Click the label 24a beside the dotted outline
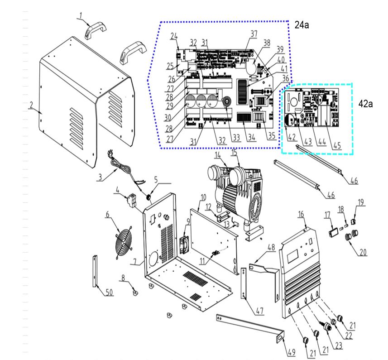[302, 25]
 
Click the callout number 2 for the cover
[31, 105]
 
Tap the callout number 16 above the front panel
[300, 213]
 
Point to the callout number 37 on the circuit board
[254, 34]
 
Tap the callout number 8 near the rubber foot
[122, 278]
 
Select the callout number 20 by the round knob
[363, 252]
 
